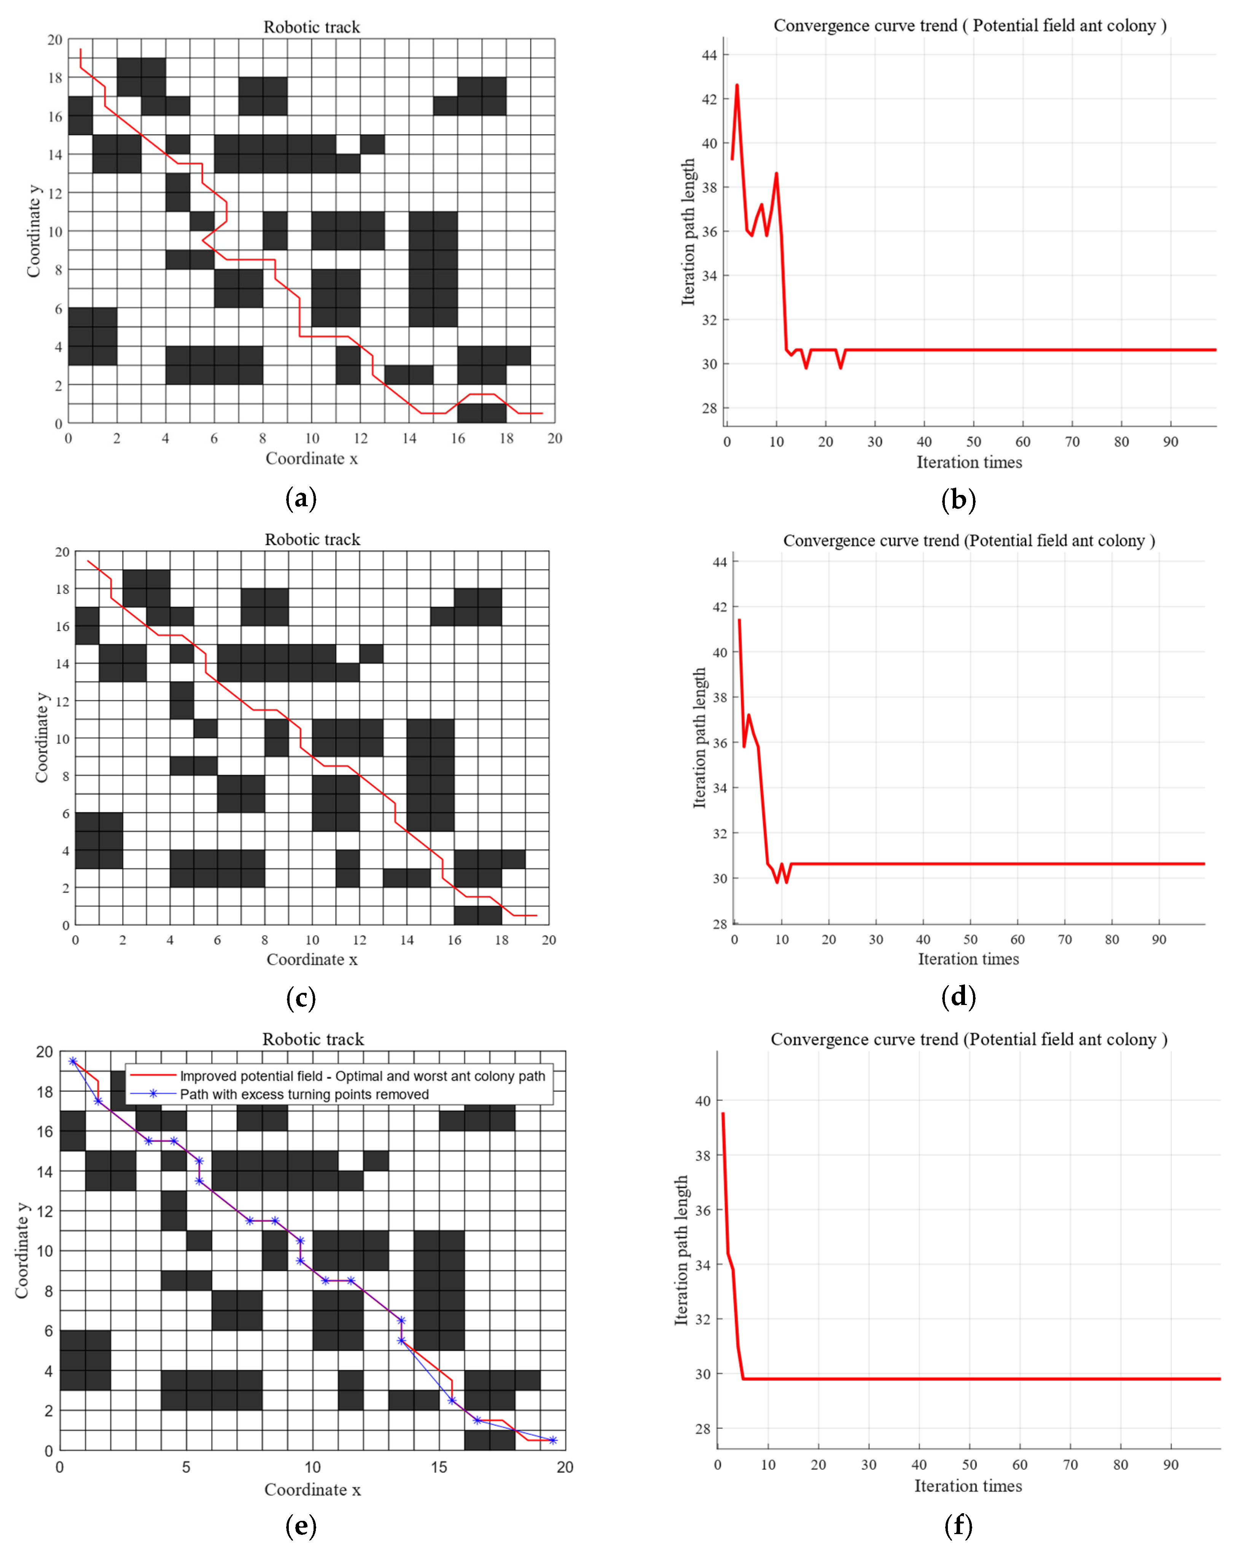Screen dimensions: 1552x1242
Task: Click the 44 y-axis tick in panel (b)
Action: tap(710, 55)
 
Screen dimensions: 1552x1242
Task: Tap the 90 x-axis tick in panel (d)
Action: tap(1159, 940)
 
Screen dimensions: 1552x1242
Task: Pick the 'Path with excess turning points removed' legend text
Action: tap(304, 1094)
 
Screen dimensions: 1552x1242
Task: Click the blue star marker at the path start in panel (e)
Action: tap(73, 1061)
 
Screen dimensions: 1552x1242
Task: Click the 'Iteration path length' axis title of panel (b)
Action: tap(688, 232)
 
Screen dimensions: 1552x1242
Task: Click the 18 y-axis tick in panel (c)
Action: tap(63, 589)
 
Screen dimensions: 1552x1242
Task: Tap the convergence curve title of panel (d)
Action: tap(968, 541)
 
